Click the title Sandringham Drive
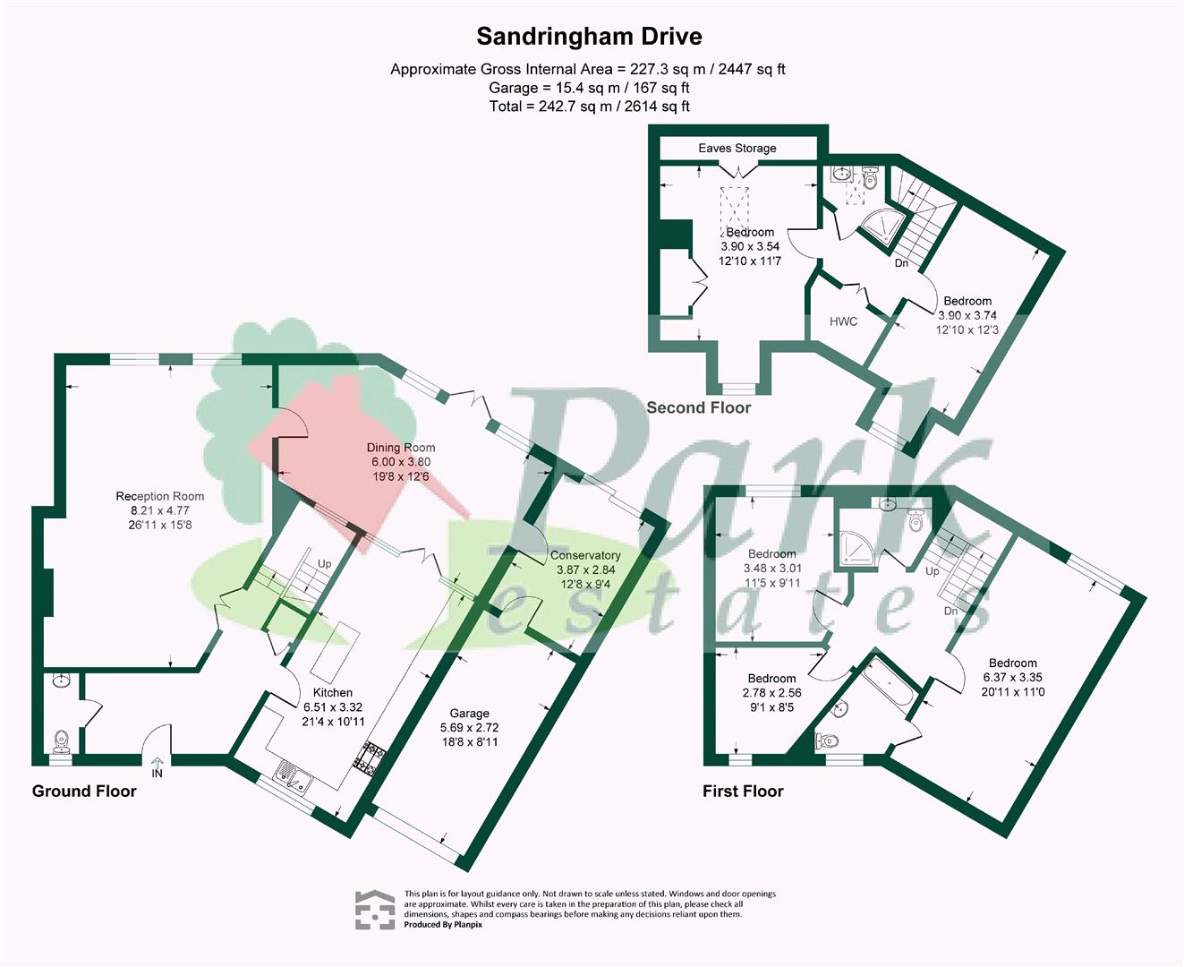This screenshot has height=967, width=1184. coord(589,37)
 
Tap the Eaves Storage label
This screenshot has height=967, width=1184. coord(737,148)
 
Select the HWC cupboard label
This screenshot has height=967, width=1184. coord(843,321)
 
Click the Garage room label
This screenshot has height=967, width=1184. coord(469,714)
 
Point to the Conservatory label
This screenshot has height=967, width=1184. coord(585,555)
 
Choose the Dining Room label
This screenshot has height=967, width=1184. coord(401,448)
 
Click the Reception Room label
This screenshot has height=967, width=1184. coord(160,496)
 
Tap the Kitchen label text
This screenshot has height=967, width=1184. coord(333,692)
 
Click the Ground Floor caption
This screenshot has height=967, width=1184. coord(84,791)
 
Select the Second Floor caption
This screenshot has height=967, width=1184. coord(698,407)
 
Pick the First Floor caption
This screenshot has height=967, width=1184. coord(743,791)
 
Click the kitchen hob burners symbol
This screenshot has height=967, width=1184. coord(369,760)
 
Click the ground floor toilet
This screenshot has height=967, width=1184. coord(61,740)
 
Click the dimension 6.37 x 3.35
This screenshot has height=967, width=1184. coord(1013,678)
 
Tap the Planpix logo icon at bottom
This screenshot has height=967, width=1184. coord(374,911)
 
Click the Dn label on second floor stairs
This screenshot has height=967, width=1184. coord(901,263)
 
